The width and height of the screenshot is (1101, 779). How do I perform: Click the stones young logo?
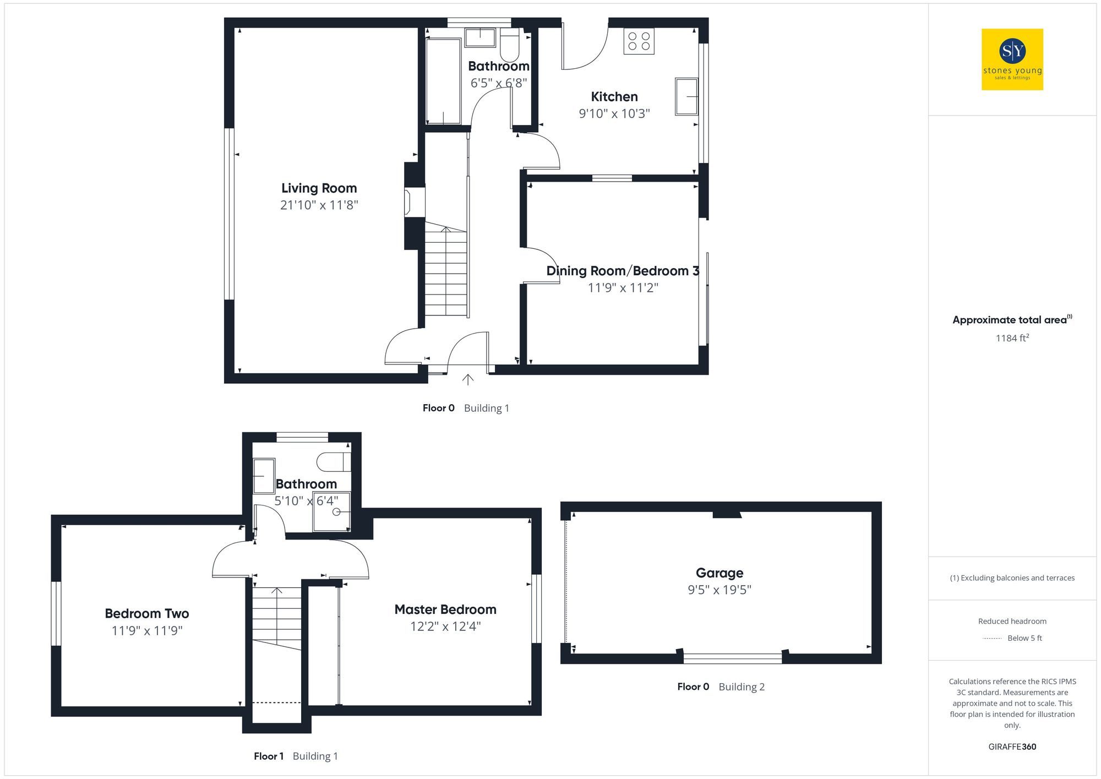tap(1012, 59)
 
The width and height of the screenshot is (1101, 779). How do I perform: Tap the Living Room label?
tap(319, 188)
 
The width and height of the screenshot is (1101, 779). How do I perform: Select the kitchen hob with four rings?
tap(639, 41)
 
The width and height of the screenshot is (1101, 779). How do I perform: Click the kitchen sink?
tap(686, 96)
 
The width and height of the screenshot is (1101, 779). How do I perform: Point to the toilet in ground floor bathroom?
tap(509, 45)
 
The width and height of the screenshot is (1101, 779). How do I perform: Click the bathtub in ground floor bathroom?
tap(443, 81)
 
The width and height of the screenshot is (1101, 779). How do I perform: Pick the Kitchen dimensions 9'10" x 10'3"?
tap(614, 114)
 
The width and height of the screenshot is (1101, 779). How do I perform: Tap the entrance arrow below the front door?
tap(467, 379)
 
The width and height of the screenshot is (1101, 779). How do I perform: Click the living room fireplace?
tap(408, 203)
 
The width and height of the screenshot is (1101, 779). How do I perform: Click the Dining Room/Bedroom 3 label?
tap(622, 271)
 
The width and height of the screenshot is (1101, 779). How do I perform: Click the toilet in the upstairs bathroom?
tap(334, 462)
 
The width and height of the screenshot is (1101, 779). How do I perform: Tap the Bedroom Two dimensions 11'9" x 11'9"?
tap(147, 631)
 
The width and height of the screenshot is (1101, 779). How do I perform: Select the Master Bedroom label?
tap(445, 609)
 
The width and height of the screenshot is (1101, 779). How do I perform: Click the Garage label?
tap(719, 573)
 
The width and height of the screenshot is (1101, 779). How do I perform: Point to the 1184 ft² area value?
tap(1011, 338)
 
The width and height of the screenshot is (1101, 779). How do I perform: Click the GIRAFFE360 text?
tap(1012, 747)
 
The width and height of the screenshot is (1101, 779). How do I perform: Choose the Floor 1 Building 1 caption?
tap(296, 756)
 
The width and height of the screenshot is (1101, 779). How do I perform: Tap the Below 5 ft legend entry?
tap(1024, 638)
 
